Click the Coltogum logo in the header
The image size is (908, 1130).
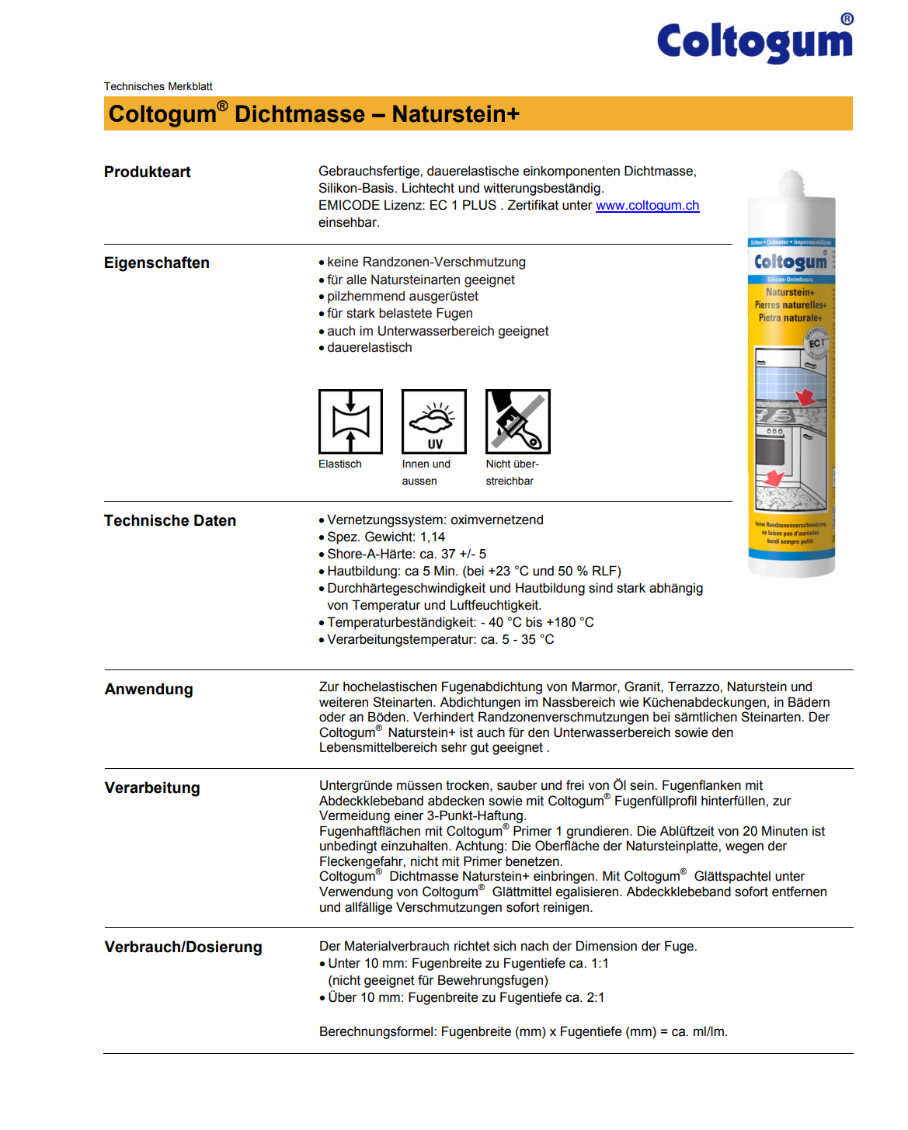click(754, 41)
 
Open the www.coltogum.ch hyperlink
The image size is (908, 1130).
click(647, 206)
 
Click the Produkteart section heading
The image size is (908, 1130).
click(148, 172)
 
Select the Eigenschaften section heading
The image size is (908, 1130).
click(157, 263)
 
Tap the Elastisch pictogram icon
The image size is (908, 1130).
click(350, 422)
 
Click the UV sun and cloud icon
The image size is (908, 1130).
click(433, 422)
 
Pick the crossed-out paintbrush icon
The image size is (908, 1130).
click(517, 422)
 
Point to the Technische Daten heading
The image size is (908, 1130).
click(170, 521)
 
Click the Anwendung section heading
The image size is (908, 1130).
click(149, 690)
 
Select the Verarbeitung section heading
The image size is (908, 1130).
click(152, 788)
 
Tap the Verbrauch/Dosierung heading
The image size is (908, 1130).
click(183, 947)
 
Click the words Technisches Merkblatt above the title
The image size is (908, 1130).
click(158, 87)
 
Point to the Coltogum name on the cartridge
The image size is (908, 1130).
click(791, 263)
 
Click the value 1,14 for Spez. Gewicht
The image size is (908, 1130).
click(433, 537)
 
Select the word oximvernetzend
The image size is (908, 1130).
click(497, 520)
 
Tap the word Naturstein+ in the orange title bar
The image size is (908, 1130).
click(455, 114)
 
